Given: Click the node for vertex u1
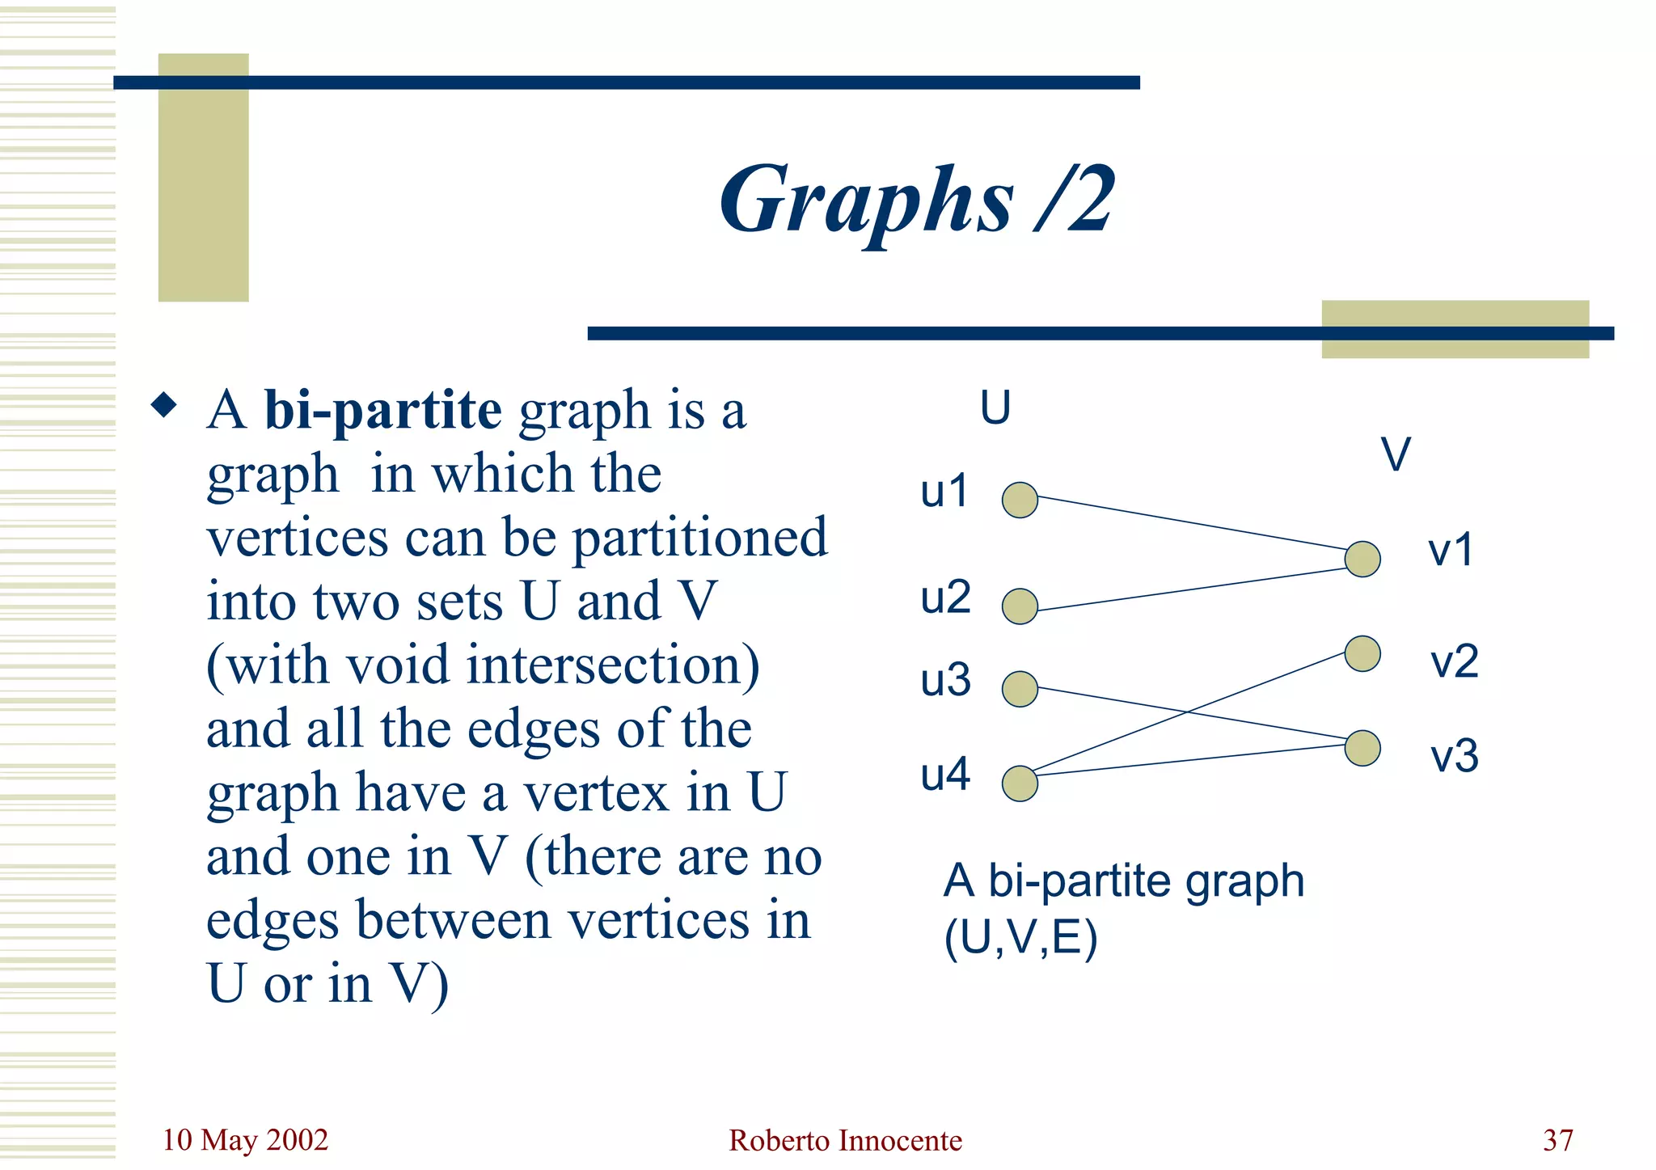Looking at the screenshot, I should coord(1020,500).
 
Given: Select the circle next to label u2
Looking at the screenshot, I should coord(1020,606).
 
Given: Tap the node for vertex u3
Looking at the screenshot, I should coord(1020,689).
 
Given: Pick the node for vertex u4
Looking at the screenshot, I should coord(1020,784).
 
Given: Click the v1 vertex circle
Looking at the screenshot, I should coord(1362,559).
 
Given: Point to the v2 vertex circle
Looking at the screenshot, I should coord(1362,653).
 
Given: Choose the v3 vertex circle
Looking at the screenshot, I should coord(1362,748).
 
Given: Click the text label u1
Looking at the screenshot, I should coord(944,491).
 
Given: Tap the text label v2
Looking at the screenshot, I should coord(1454,661).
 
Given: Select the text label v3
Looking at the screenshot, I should coord(1454,757).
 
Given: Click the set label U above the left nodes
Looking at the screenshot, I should coord(995,408).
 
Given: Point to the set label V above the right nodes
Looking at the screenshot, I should coord(1396,454).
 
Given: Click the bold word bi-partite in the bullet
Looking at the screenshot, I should coord(382,410).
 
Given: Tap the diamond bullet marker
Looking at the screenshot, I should coord(164,405).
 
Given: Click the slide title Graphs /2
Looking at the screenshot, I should coord(917,200).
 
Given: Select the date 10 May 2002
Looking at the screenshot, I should coord(245,1140).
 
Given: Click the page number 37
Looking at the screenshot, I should coord(1557,1140).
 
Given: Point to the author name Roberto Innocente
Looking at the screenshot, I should coord(845,1140).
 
